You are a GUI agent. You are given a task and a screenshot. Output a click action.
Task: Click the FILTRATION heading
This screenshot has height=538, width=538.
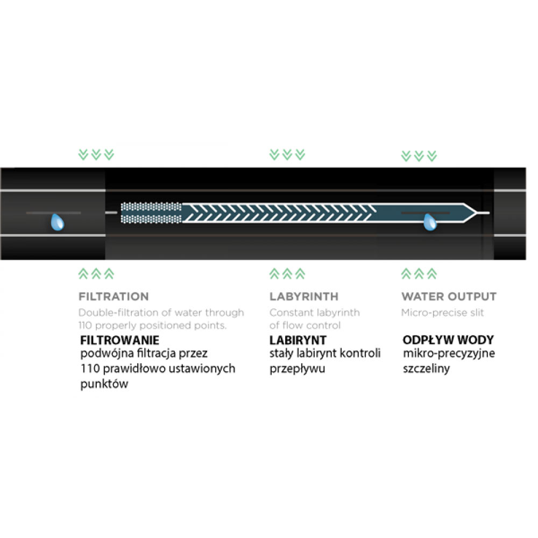(x=114, y=296)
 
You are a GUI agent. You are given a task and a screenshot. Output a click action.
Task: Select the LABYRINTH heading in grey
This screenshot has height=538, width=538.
(x=304, y=296)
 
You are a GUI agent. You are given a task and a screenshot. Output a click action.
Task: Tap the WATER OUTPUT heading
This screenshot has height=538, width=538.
(x=449, y=296)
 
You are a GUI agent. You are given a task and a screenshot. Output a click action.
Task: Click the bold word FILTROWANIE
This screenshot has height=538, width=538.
(x=120, y=340)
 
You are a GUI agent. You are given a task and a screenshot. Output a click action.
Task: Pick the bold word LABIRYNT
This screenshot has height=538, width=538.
(x=298, y=340)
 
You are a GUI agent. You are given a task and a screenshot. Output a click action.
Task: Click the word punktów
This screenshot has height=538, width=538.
(x=104, y=384)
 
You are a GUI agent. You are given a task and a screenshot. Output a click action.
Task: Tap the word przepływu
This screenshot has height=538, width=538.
(x=297, y=369)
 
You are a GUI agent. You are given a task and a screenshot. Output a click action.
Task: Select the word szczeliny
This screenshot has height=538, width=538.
(x=426, y=369)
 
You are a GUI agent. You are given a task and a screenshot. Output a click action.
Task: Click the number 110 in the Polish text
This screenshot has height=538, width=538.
(x=90, y=369)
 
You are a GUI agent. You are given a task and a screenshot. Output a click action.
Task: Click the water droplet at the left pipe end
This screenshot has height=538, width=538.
(x=58, y=222)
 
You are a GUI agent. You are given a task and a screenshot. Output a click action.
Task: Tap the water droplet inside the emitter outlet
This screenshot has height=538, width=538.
(x=430, y=222)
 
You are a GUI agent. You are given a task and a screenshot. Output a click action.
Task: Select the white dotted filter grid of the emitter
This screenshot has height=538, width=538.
(x=151, y=213)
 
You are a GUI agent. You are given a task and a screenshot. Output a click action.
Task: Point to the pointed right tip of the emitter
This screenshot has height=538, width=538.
(x=476, y=213)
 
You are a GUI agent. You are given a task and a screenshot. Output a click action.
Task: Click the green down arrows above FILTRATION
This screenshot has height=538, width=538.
(x=96, y=155)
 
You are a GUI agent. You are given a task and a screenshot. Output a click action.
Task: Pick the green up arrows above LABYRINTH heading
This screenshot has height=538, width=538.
(x=287, y=273)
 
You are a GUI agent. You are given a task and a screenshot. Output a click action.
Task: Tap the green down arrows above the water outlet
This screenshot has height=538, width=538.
(x=419, y=156)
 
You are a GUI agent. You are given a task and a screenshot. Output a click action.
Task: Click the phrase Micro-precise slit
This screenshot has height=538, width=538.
(x=443, y=313)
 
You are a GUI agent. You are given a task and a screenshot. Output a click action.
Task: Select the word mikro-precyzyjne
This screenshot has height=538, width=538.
(x=449, y=353)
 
